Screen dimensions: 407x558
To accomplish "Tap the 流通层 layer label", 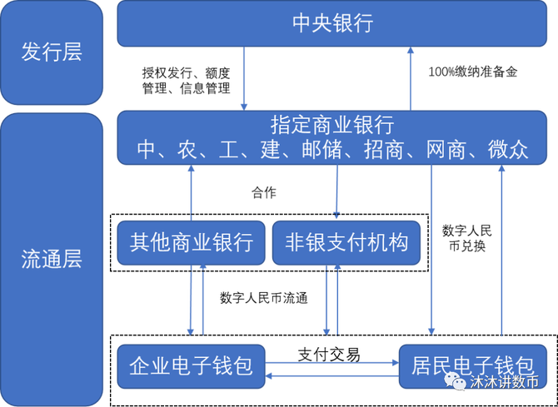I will pos(52,258).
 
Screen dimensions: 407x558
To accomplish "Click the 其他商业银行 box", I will pos(191,243).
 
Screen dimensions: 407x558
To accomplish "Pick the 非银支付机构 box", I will pos(346,243).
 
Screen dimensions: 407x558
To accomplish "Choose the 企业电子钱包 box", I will pos(191,366).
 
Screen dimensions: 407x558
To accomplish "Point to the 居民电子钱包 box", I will pos(472,366).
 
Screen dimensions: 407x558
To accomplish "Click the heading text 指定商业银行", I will pos(331,126).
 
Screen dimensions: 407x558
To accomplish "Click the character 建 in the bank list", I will pos(268,150).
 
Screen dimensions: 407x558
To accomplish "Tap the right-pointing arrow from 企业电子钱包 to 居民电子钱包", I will pos(331,361).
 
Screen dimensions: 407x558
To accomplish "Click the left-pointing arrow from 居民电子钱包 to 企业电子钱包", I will pos(331,376).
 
